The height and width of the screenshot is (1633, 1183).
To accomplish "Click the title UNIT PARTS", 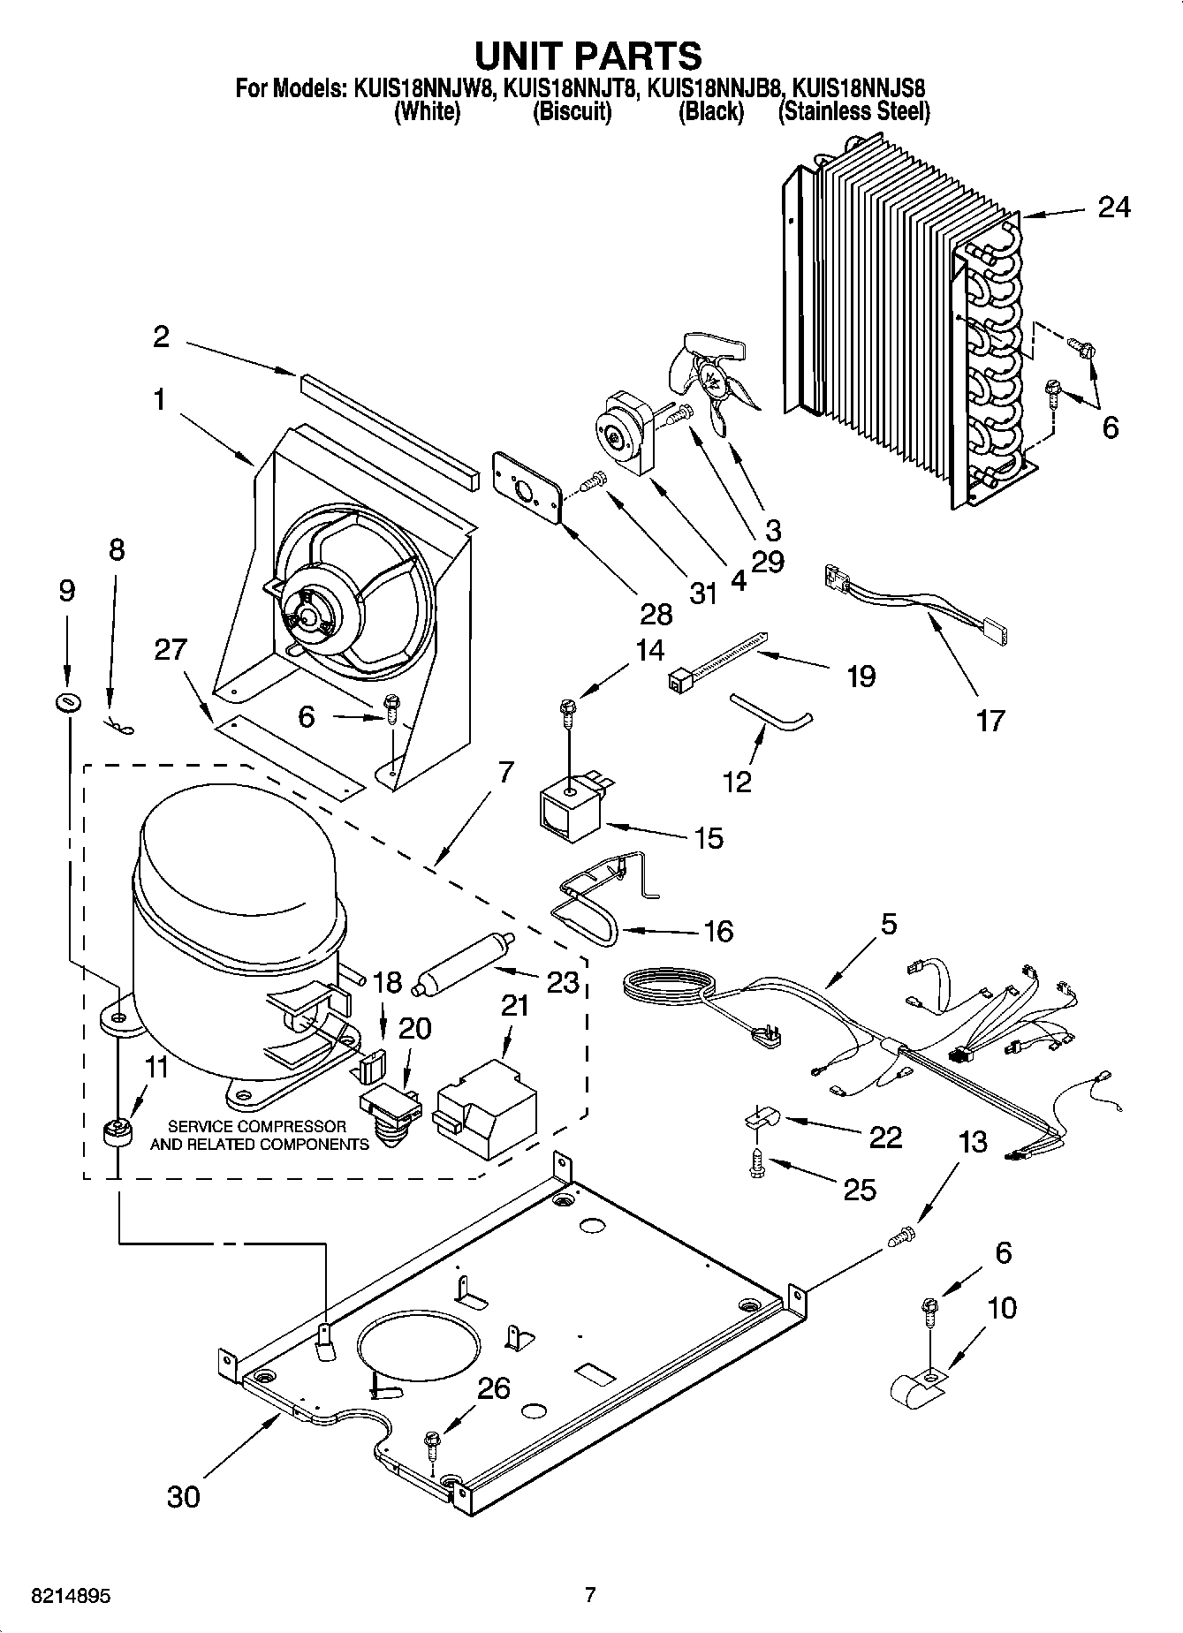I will click(588, 55).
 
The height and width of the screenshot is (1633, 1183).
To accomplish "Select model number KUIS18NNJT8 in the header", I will click(572, 88).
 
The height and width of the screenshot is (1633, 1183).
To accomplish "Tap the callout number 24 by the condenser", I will click(1114, 208).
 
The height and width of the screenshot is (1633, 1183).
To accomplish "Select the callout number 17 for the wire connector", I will click(990, 720).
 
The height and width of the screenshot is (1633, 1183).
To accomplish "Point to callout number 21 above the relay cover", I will click(514, 1005).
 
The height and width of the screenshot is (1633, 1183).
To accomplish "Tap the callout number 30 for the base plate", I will click(184, 1496).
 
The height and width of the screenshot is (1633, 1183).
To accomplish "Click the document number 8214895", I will click(59, 1597).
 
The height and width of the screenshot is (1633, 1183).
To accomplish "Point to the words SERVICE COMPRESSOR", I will click(257, 1127).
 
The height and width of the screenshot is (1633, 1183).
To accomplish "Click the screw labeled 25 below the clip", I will click(755, 1164).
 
